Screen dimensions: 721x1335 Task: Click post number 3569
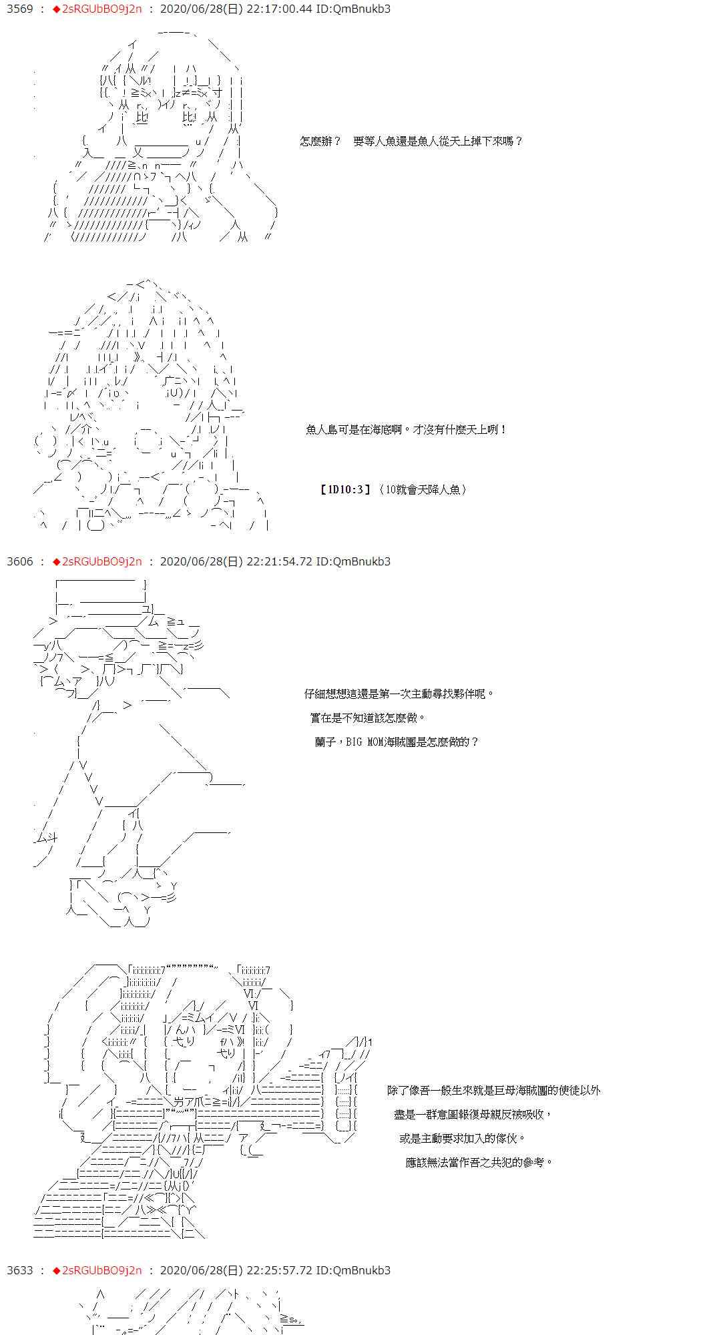(20, 9)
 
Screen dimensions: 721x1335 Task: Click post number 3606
(20, 561)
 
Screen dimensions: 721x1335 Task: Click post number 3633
(20, 1270)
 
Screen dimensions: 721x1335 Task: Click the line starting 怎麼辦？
(411, 142)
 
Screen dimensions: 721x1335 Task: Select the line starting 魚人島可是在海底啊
(407, 430)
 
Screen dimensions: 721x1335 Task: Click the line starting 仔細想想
(399, 694)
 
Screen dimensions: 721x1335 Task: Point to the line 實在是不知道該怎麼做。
(368, 718)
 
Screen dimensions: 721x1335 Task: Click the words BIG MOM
(363, 742)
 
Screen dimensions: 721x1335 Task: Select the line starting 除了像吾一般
(494, 1091)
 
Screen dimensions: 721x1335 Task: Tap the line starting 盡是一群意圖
(473, 1115)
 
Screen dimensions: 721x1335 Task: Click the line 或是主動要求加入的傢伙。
(463, 1139)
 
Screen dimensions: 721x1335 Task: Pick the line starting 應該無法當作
(479, 1163)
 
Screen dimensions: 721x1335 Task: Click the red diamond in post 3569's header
(56, 9)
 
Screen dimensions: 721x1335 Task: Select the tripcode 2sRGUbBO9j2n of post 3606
(101, 561)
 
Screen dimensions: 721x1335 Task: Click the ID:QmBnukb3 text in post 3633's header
(353, 1270)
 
